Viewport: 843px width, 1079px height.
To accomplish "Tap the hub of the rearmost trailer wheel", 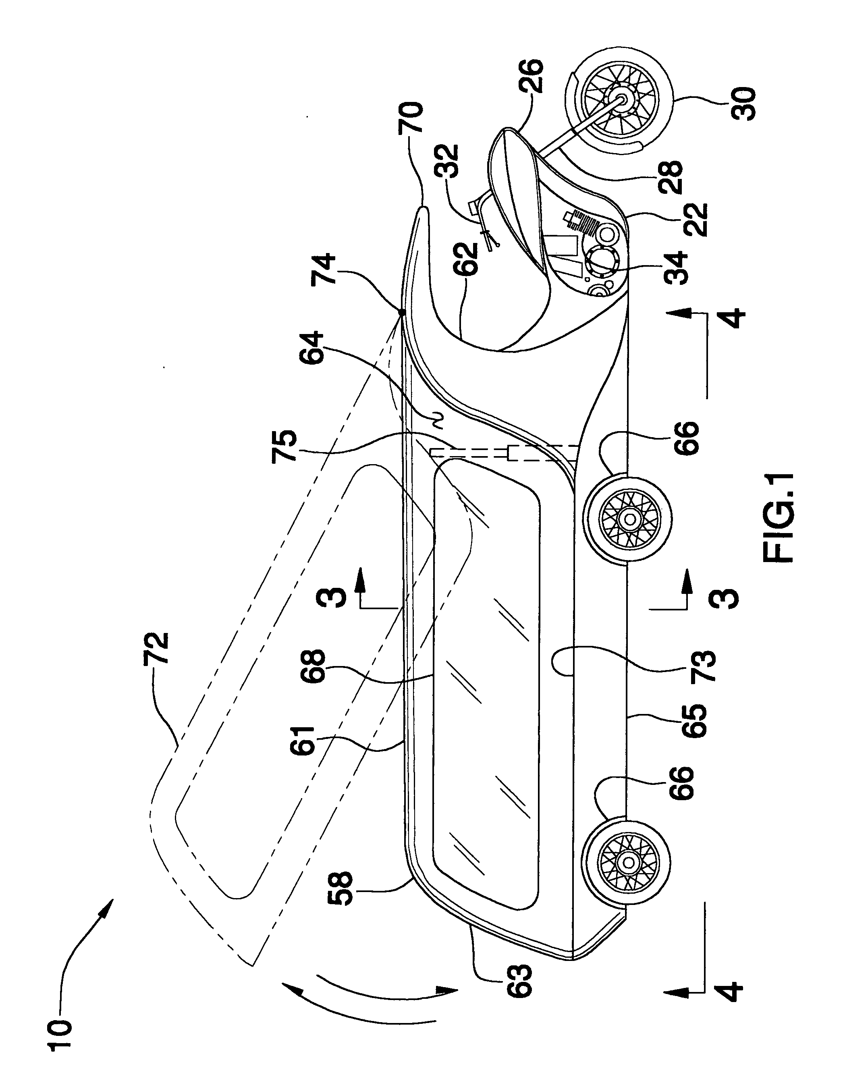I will [x=629, y=862].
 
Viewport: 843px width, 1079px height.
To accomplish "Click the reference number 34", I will [x=675, y=267].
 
